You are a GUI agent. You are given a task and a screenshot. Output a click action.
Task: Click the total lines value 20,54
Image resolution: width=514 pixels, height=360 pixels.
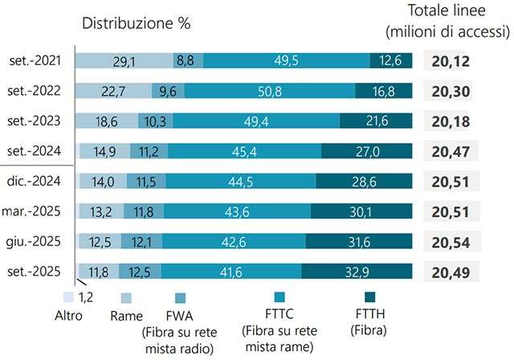click(x=451, y=242)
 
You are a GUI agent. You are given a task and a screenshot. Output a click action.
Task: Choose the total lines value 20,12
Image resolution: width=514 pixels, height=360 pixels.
click(x=451, y=61)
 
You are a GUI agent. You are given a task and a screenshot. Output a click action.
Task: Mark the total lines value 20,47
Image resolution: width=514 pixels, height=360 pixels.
click(x=451, y=152)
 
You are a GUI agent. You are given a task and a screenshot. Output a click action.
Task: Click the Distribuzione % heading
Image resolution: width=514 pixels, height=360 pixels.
click(x=136, y=22)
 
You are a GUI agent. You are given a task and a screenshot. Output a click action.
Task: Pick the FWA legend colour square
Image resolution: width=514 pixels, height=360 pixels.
click(x=181, y=297)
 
